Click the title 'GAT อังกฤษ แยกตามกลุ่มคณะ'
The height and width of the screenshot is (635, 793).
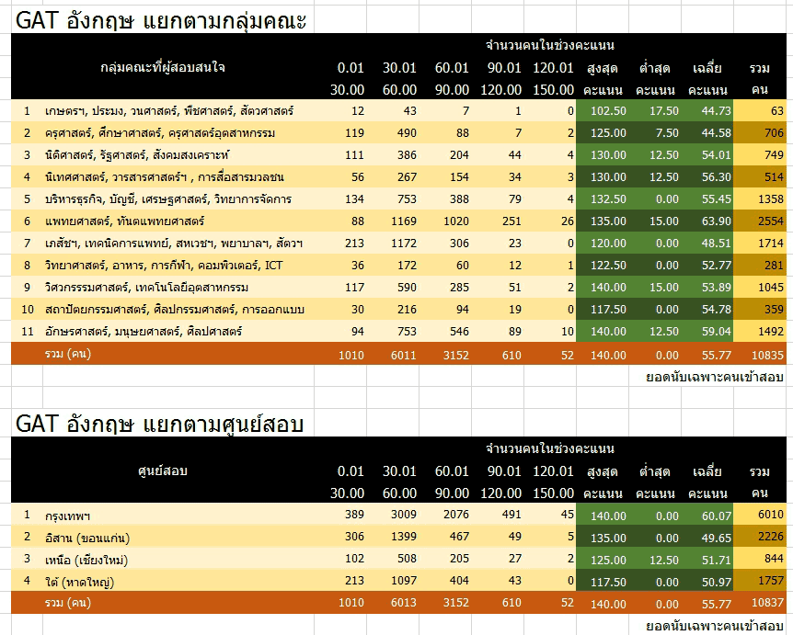pos(162,19)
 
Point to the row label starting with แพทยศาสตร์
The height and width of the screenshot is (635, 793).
pos(125,221)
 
